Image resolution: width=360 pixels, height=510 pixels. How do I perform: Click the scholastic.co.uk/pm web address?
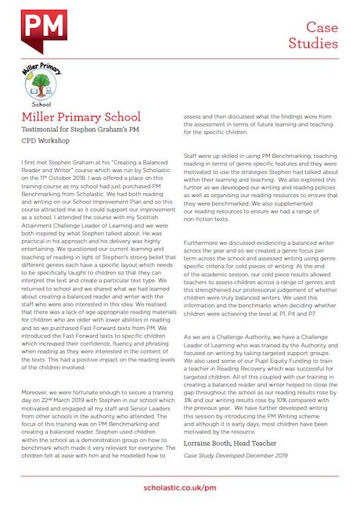click(x=179, y=487)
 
